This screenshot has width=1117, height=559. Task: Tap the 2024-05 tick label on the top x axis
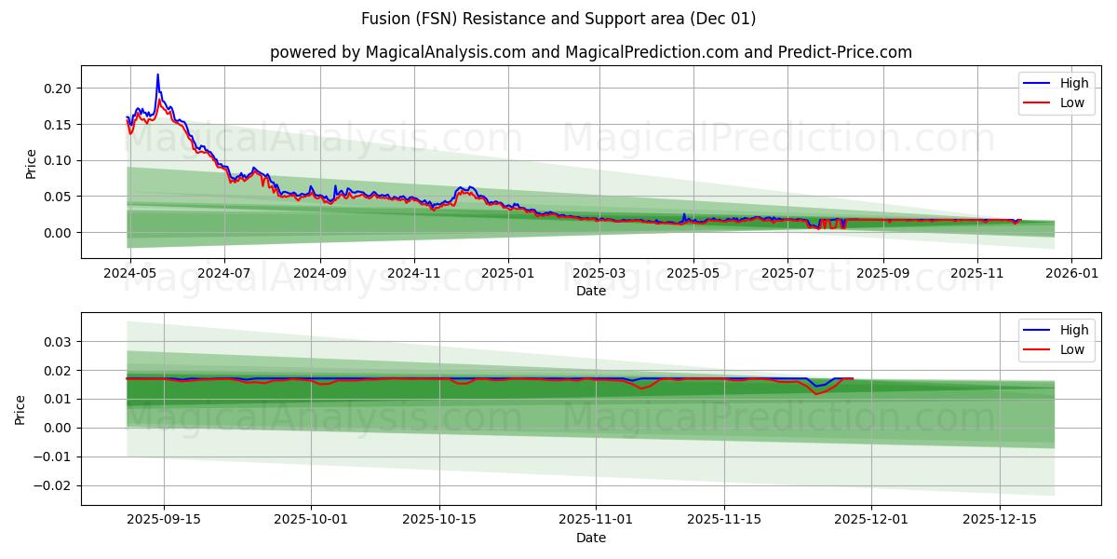click(129, 274)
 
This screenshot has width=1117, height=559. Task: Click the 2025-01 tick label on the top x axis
click(508, 274)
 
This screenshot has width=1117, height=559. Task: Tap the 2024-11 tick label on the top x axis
click(413, 274)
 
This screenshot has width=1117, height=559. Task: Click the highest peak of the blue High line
click(157, 75)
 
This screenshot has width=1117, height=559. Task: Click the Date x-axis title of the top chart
click(591, 291)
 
